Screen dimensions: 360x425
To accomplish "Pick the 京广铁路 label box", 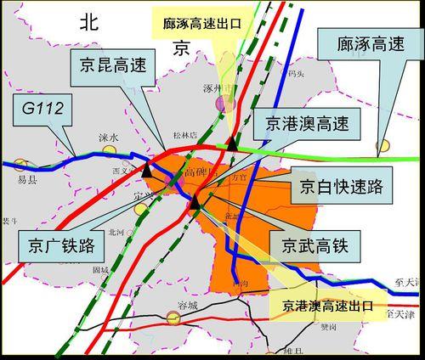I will pyautogui.click(x=58, y=247).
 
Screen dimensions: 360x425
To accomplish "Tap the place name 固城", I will pyautogui.click(x=100, y=270).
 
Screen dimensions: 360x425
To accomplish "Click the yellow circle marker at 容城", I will pyautogui.click(x=173, y=318).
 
